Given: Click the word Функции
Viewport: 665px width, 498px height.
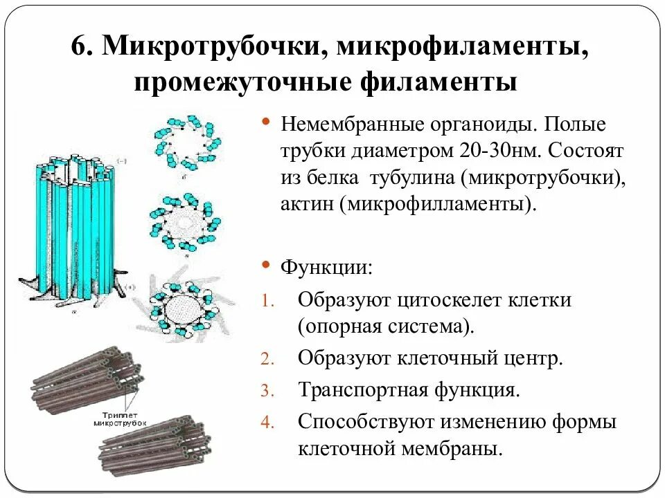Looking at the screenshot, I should click(326, 267).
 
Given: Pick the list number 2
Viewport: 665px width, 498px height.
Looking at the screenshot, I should click(268, 359).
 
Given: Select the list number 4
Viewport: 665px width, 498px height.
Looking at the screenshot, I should click(268, 421).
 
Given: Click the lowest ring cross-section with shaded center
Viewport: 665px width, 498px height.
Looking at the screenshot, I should click(183, 304).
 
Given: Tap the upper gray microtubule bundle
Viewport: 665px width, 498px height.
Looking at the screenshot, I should click(87, 377).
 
